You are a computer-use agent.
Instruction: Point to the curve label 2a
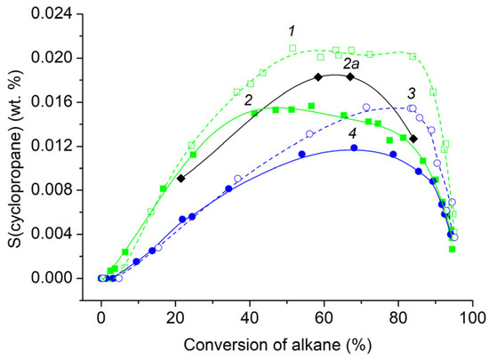pos(350,63)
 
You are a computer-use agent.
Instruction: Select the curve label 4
pos(353,133)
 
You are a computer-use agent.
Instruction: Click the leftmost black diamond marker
pos(180,179)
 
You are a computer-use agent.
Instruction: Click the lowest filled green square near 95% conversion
pos(453,249)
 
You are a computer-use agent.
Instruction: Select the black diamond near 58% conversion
pos(318,77)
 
